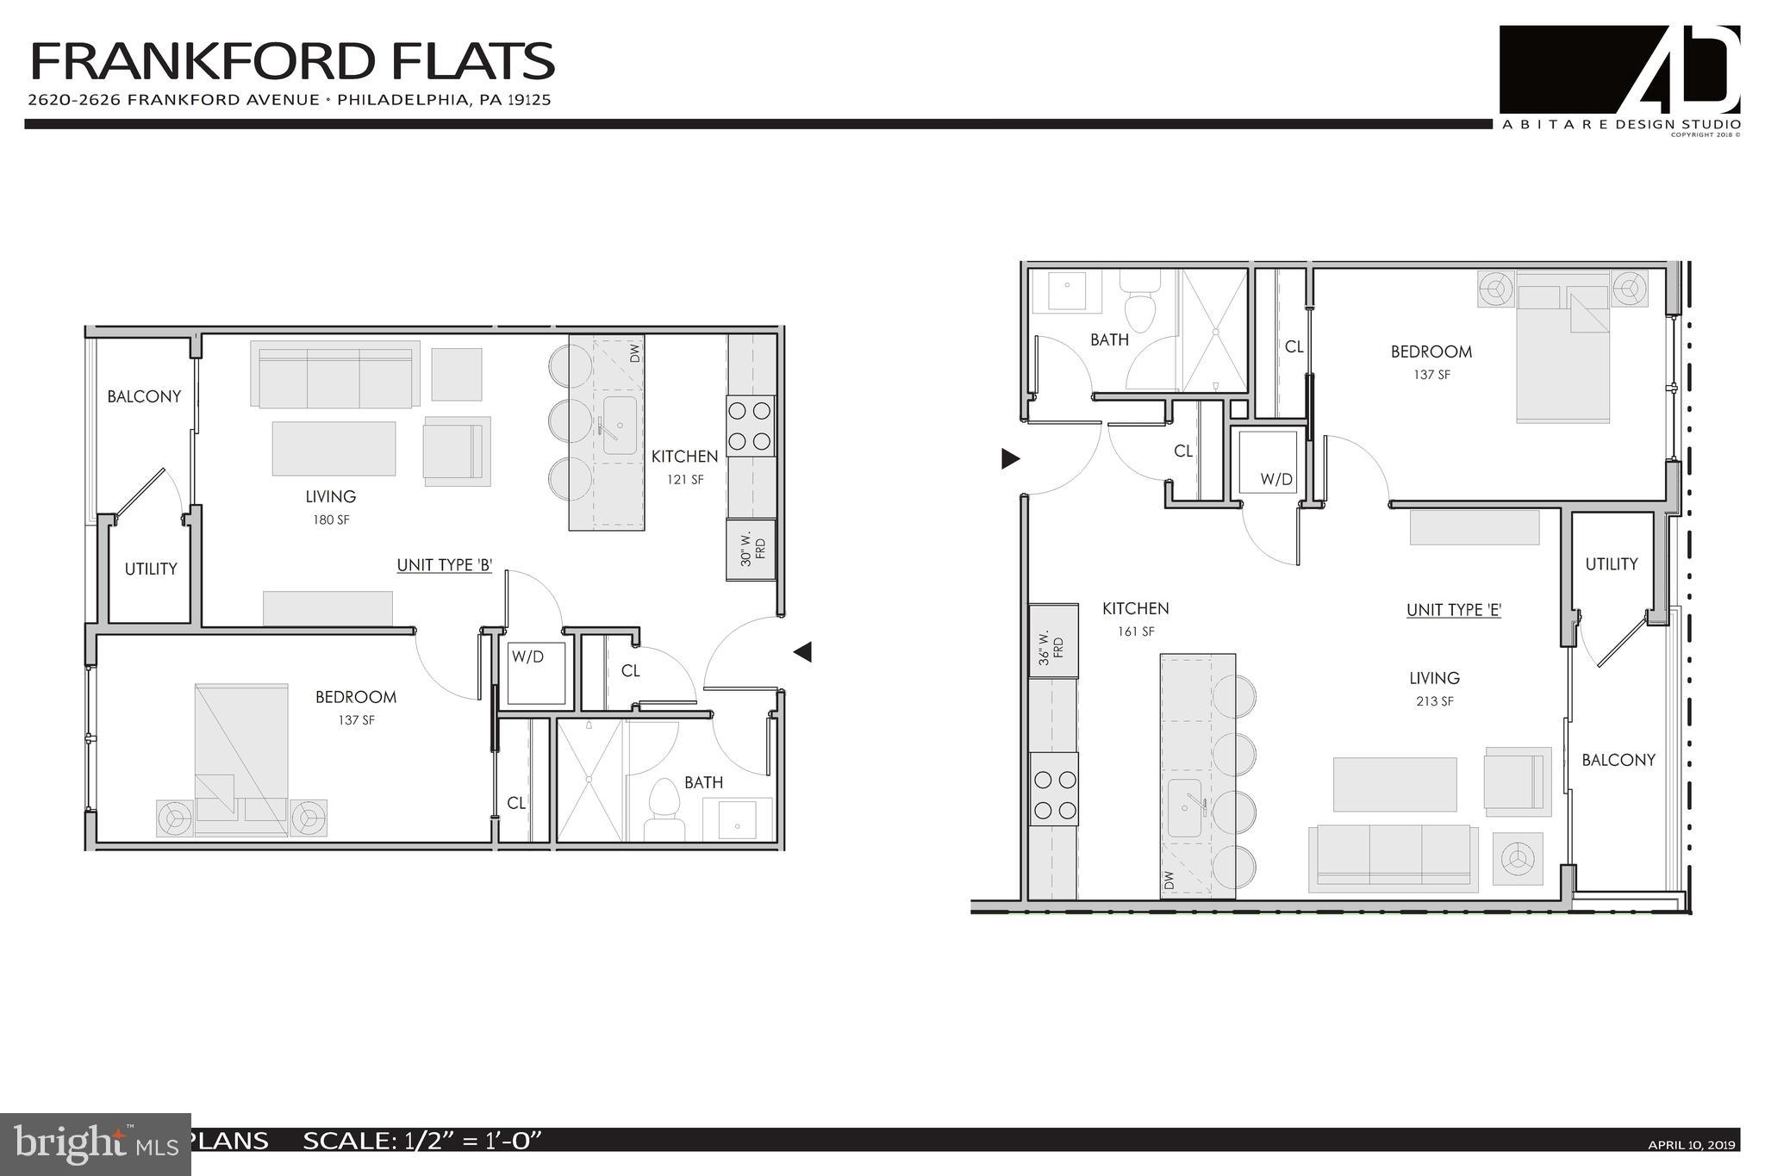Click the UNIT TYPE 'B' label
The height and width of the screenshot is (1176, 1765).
point(444,565)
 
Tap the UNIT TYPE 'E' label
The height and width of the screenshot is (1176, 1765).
point(1454,610)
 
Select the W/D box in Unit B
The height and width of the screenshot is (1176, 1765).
point(535,673)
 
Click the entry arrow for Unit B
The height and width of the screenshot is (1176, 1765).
point(802,652)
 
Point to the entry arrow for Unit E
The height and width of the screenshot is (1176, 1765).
point(1010,458)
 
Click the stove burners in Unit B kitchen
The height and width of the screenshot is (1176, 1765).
point(750,426)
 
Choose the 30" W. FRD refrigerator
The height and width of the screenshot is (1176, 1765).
point(751,549)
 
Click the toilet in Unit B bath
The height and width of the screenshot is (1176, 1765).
point(664,808)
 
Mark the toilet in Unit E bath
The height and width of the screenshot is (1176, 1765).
point(1140,302)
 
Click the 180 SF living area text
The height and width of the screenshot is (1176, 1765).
point(331,520)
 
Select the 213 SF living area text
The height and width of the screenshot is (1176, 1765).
point(1434,701)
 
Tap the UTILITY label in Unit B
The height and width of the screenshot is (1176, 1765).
point(151,569)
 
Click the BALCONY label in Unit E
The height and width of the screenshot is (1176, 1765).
point(1618,760)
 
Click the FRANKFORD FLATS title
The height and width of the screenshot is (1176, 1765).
point(292,62)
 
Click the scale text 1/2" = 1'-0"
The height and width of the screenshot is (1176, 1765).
point(422,1141)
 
